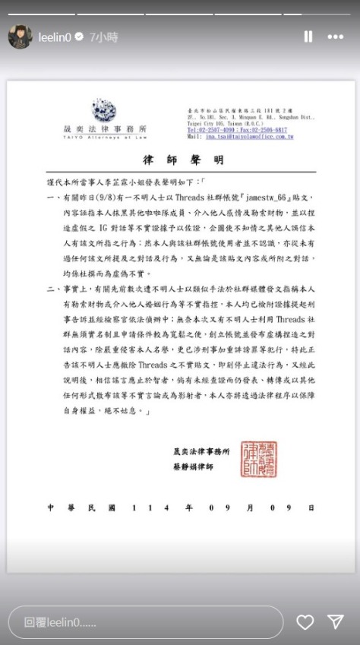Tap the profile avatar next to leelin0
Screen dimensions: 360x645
tap(20, 36)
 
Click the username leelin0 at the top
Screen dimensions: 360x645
tap(59, 36)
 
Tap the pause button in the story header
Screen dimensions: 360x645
tap(308, 36)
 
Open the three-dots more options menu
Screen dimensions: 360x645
tap(335, 36)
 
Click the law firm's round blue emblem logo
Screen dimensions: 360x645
tap(103, 109)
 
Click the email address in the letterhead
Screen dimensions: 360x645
tap(242, 137)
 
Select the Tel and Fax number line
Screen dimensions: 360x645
tap(237, 130)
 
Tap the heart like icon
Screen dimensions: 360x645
tap(305, 622)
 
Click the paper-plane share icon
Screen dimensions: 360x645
tap(335, 622)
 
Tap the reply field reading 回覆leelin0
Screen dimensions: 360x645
tap(144, 622)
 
